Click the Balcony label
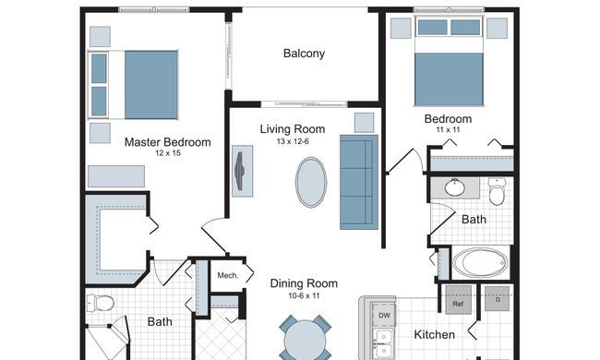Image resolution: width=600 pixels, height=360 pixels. [x=304, y=54]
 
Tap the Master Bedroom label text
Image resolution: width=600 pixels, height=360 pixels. [x=168, y=142]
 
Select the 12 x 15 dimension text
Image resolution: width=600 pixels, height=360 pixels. [x=168, y=153]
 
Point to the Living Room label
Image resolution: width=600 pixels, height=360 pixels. [x=293, y=129]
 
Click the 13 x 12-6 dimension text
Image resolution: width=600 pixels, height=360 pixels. [x=293, y=141]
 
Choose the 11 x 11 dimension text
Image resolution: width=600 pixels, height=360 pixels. [x=448, y=129]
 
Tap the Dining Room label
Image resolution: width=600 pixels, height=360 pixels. [x=304, y=283]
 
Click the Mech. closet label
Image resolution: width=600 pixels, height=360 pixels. [x=228, y=275]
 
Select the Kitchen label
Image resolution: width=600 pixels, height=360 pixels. [x=435, y=335]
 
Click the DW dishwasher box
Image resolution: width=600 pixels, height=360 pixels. [x=384, y=315]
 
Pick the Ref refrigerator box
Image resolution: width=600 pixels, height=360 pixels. [x=458, y=300]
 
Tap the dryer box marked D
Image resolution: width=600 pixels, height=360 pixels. [x=498, y=299]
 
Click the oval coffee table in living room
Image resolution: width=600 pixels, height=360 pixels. [x=311, y=183]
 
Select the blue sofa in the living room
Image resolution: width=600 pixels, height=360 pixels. [x=359, y=182]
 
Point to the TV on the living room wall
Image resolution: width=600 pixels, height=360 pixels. [x=242, y=171]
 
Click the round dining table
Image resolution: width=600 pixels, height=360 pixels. [x=305, y=340]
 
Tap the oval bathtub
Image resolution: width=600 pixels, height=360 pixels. [x=481, y=263]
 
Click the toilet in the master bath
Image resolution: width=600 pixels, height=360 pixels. [x=101, y=303]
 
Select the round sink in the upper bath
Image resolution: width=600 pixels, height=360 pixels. [x=455, y=187]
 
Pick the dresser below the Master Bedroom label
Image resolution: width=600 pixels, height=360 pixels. [x=116, y=176]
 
